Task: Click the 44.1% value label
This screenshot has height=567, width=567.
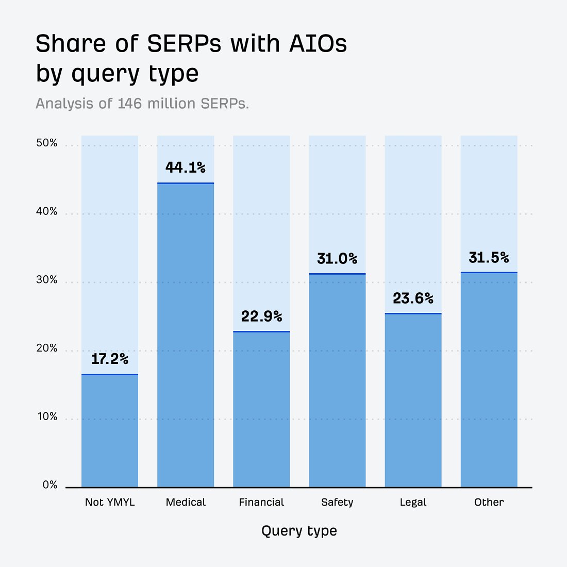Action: (186, 168)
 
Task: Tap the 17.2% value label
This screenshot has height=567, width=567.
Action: (110, 359)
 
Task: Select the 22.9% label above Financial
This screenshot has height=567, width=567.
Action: (261, 316)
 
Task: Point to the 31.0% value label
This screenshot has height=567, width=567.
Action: (337, 258)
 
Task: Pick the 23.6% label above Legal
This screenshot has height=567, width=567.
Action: (413, 298)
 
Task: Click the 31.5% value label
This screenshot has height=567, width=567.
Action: (489, 257)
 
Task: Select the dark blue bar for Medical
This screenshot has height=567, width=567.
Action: (186, 335)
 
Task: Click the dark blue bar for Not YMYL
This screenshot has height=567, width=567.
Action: (110, 431)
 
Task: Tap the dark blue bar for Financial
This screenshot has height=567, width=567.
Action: (261, 409)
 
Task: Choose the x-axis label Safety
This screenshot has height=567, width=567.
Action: (337, 502)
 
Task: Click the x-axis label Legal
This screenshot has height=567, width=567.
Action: (413, 502)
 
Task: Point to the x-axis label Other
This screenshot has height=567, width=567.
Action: (489, 502)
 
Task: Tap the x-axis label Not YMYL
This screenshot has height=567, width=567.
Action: (110, 502)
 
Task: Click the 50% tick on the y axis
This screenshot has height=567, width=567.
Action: (47, 143)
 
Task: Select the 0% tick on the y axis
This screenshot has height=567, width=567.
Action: (50, 485)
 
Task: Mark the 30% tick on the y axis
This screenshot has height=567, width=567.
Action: (47, 280)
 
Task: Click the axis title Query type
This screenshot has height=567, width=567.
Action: (299, 531)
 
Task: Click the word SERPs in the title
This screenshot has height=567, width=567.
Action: (184, 44)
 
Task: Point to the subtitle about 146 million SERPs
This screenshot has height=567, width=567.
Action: (142, 104)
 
